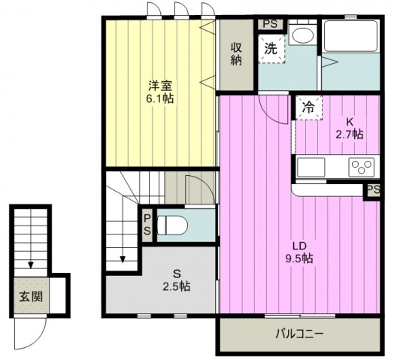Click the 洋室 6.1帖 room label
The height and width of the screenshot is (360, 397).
[x=161, y=92]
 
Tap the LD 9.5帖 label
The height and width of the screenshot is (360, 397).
[x=299, y=253]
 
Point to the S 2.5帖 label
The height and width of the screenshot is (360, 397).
[x=177, y=280]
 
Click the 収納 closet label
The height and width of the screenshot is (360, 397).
[x=236, y=54]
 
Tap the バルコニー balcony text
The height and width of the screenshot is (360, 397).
[x=299, y=334]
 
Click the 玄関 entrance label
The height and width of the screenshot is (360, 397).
[x=31, y=296]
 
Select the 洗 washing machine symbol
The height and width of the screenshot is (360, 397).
[x=271, y=49]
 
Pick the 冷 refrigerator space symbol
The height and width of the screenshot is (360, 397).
[x=309, y=107]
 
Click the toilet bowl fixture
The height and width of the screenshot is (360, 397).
[x=172, y=225]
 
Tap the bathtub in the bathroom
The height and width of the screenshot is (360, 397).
[x=350, y=36]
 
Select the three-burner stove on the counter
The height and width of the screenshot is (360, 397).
[x=362, y=167]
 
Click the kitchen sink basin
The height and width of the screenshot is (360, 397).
[x=311, y=167]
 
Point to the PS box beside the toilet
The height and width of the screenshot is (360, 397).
[x=147, y=225]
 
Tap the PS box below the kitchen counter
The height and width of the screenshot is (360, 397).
[x=373, y=190]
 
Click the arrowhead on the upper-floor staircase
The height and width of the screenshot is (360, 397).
[x=123, y=259]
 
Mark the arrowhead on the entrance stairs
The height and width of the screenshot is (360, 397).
[x=31, y=265]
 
